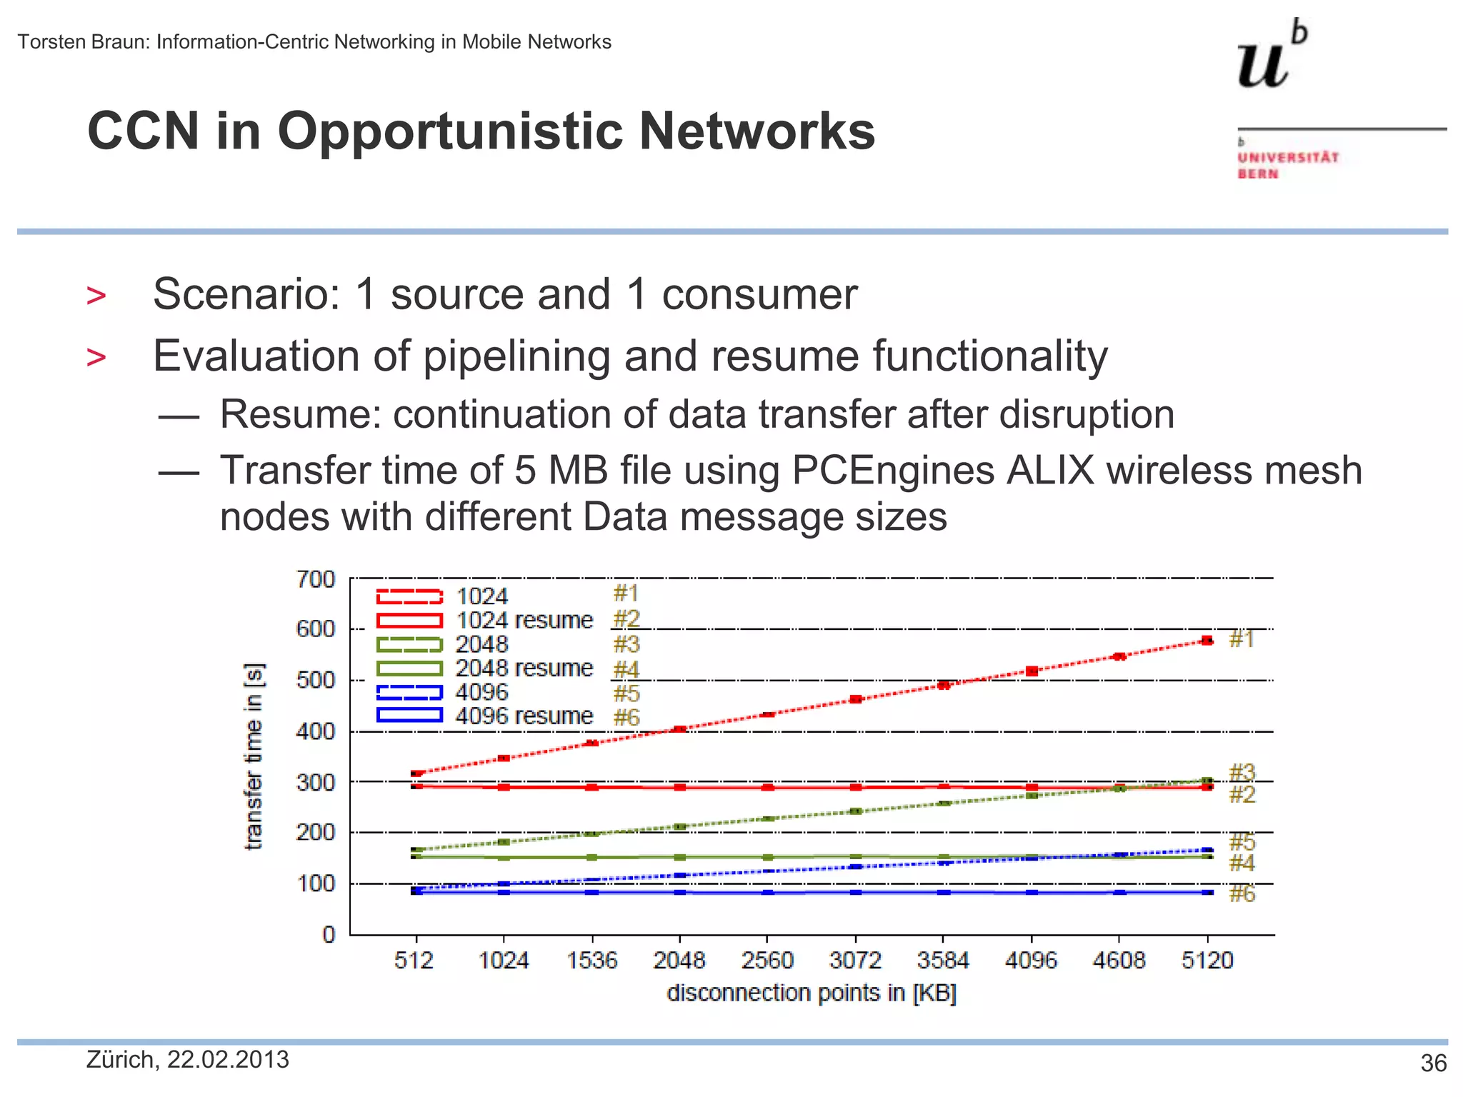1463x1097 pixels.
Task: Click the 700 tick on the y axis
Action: click(x=316, y=579)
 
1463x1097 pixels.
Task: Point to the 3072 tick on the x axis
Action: click(x=855, y=960)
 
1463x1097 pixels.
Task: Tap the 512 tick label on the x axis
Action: click(x=414, y=960)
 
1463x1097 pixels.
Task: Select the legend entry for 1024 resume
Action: click(x=524, y=620)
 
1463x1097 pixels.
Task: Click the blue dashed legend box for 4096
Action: click(x=409, y=692)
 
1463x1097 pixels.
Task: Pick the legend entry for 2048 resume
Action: click(x=524, y=668)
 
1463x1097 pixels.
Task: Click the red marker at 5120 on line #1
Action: click(x=1207, y=641)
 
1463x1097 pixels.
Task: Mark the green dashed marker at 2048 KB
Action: click(x=679, y=827)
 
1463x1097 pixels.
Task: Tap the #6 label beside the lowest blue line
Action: click(x=1242, y=893)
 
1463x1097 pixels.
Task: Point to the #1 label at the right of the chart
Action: click(x=1242, y=638)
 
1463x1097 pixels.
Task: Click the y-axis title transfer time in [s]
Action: click(x=254, y=757)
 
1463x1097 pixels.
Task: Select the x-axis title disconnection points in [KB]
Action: click(x=812, y=993)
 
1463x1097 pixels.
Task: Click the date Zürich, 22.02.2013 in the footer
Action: click(x=188, y=1060)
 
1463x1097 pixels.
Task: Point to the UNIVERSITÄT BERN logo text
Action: click(x=1287, y=165)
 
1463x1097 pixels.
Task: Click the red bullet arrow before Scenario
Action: click(x=96, y=296)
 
